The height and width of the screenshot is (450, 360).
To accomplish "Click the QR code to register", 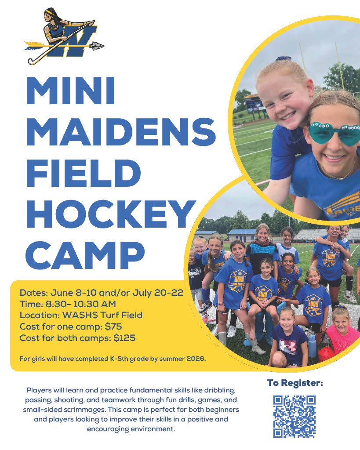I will pyautogui.click(x=294, y=416).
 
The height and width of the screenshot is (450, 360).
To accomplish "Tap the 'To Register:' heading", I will pyautogui.click(x=295, y=383).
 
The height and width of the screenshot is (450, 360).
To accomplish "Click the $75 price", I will pyautogui.click(x=113, y=326).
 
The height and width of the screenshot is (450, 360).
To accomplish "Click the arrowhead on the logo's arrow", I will pyautogui.click(x=97, y=45).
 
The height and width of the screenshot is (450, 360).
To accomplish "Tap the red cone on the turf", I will pyautogui.click(x=326, y=352).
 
